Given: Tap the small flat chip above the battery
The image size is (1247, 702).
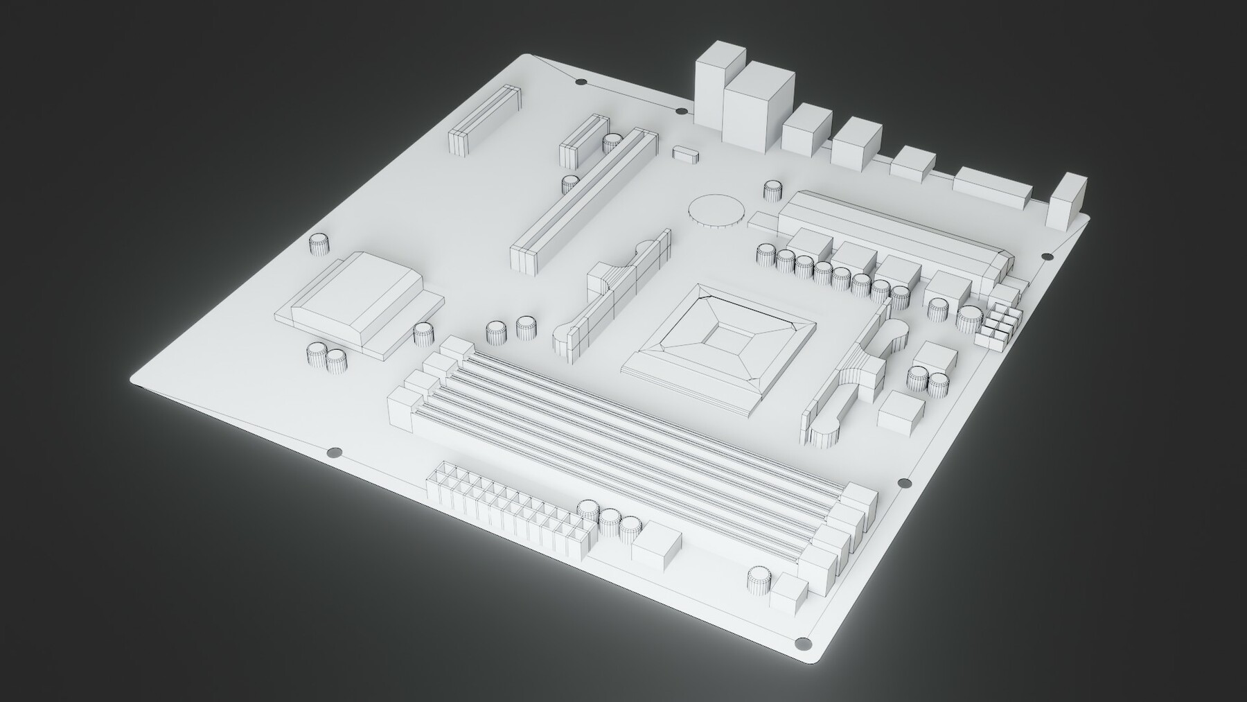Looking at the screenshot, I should tap(686, 152).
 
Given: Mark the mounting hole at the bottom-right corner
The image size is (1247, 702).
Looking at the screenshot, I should tap(803, 641).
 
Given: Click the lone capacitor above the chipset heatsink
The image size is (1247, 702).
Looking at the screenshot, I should tap(318, 244).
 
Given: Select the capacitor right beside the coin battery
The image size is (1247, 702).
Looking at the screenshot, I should tap(773, 191).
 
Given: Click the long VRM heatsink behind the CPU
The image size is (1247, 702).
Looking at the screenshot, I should tap(894, 229).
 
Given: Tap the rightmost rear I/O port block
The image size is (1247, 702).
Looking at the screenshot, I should tap(1068, 201).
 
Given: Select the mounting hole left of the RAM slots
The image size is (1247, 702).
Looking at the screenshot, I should tap(334, 453).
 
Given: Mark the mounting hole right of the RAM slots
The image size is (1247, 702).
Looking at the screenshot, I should tap(903, 482).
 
